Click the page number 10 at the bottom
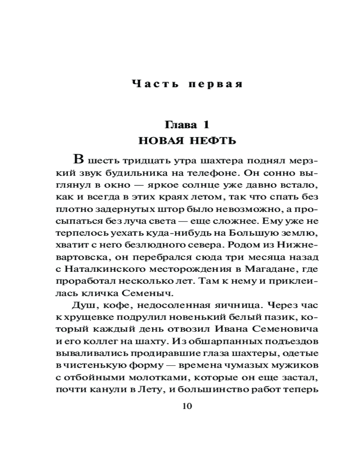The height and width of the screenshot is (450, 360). coord(187,406)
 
